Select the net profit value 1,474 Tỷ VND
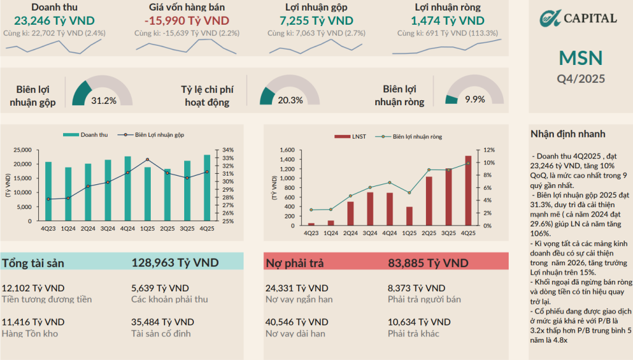(448, 20)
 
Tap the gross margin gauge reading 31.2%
(104, 101)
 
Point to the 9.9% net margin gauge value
(475, 100)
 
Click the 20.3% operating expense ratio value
(291, 100)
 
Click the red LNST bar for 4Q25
(468, 191)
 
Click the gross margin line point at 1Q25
(147, 160)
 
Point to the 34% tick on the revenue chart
(227, 150)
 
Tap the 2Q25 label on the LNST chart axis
(429, 233)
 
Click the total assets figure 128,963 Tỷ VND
(175, 263)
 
